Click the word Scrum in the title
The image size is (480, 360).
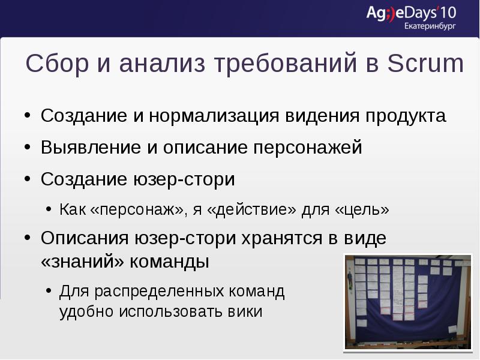(x=426, y=64)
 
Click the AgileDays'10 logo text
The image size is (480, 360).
(x=412, y=13)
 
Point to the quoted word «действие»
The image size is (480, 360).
(x=257, y=210)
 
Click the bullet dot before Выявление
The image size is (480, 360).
(x=28, y=148)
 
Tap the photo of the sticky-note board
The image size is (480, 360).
(x=407, y=301)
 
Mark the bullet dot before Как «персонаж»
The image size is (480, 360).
(x=49, y=211)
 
